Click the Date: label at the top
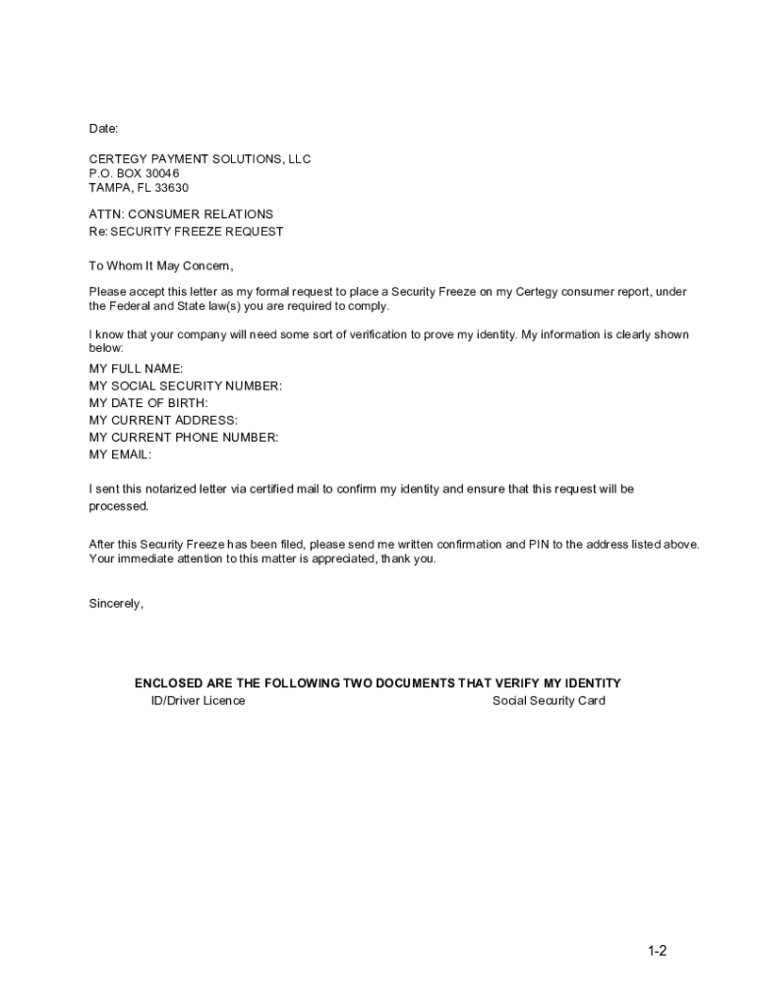[103, 129]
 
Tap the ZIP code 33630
[170, 188]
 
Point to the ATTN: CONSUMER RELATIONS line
[181, 214]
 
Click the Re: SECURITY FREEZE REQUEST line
[186, 232]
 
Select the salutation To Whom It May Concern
[161, 266]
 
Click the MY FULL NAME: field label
[136, 369]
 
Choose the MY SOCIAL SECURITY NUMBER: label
[185, 386]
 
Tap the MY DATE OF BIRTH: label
[148, 403]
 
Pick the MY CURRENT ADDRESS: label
[163, 421]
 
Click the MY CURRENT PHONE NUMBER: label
[184, 438]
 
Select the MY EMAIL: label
[120, 454]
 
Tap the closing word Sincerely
[116, 604]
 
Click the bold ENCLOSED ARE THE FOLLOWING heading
[378, 683]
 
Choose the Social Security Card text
[549, 701]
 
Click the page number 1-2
[658, 951]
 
